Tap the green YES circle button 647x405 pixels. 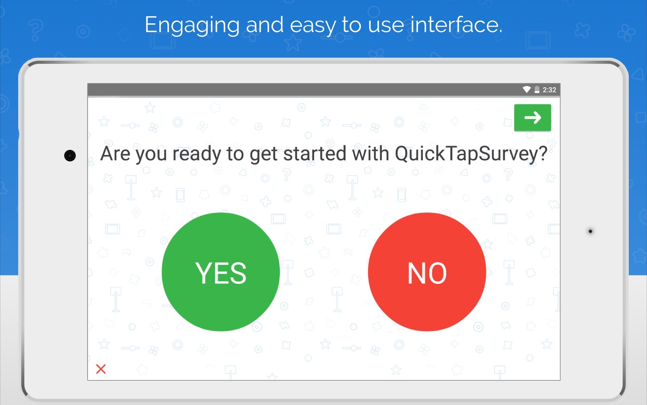[x=221, y=272]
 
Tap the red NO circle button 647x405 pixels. [x=427, y=272]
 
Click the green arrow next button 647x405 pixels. [x=532, y=117]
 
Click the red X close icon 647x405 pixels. [x=101, y=369]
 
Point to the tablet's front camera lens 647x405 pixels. [x=70, y=156]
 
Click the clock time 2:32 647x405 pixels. [x=549, y=90]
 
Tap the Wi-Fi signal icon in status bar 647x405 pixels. [x=526, y=89]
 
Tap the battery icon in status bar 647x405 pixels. [x=537, y=89]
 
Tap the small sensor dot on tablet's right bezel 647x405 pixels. [x=590, y=231]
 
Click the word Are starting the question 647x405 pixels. [x=115, y=154]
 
